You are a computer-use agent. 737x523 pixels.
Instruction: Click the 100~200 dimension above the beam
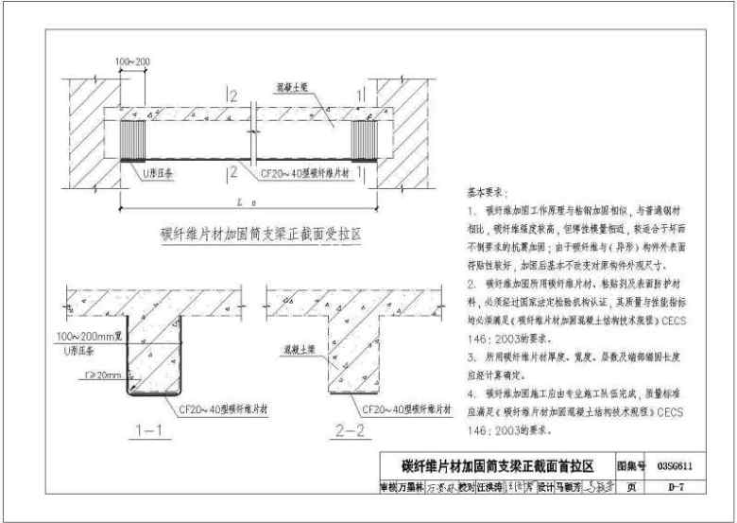[133, 62]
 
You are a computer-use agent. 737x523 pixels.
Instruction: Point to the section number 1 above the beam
[360, 96]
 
